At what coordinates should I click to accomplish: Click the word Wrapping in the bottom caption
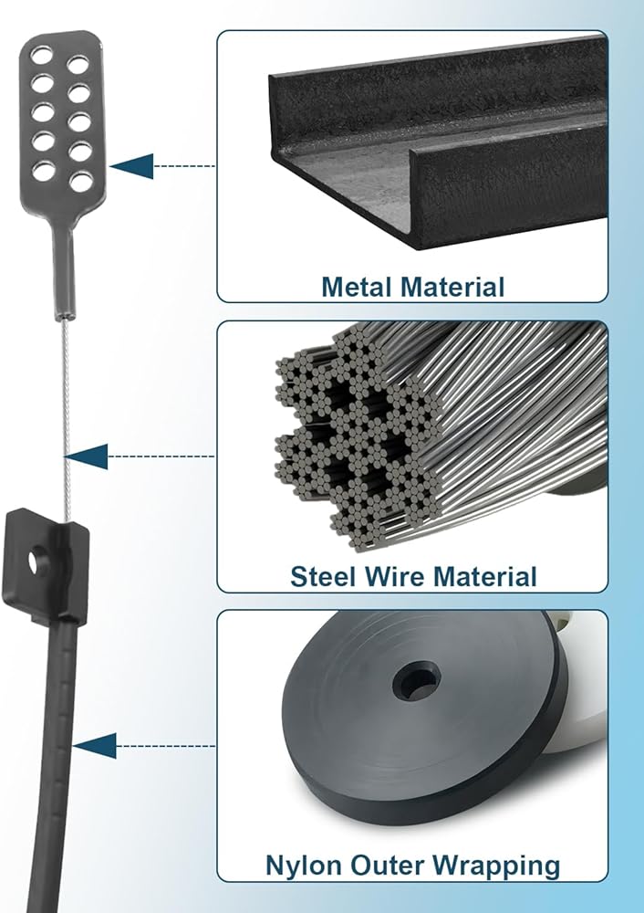[494, 865]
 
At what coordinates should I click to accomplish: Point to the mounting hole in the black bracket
[36, 561]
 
